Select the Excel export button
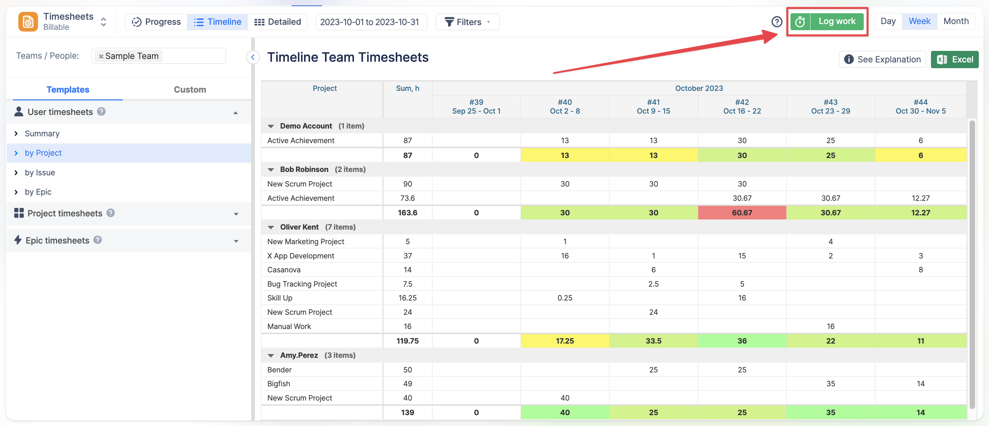954,59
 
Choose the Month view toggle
956,21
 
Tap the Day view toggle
888,21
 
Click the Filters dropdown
467,22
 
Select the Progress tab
156,22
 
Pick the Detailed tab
277,22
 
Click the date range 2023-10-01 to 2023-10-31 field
369,22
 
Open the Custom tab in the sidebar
190,90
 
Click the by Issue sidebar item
40,172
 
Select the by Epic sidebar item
38,192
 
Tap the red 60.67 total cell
742,213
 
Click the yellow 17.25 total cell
564,341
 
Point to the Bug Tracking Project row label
302,284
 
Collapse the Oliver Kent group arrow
271,227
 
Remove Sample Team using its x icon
101,56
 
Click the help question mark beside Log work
777,22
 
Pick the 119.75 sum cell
407,341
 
